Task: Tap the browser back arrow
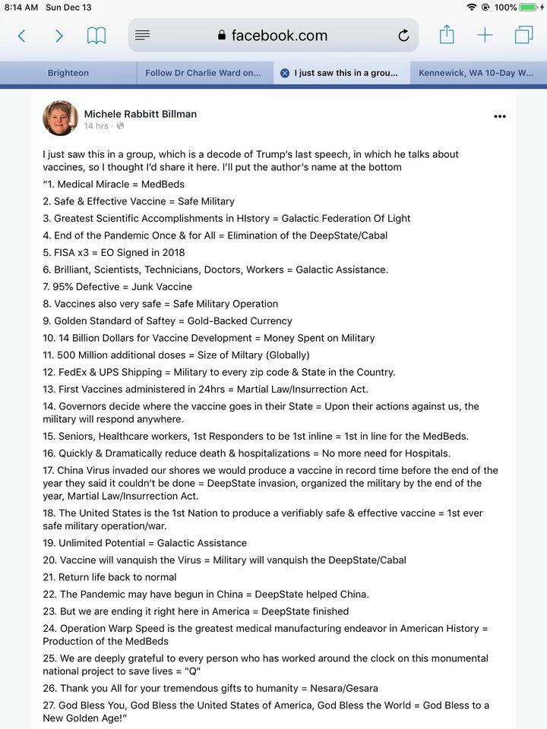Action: pyautogui.click(x=21, y=36)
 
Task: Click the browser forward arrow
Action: pyautogui.click(x=59, y=36)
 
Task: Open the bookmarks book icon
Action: pyautogui.click(x=96, y=36)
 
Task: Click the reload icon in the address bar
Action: pyautogui.click(x=403, y=36)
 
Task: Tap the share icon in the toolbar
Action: pyautogui.click(x=447, y=35)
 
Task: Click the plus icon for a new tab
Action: pyautogui.click(x=485, y=36)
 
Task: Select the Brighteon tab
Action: pyautogui.click(x=68, y=73)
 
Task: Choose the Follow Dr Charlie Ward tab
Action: pyautogui.click(x=203, y=73)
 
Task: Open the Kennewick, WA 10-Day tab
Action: pyautogui.click(x=476, y=73)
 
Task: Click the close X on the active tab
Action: pyautogui.click(x=284, y=73)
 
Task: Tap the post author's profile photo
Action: pyautogui.click(x=60, y=118)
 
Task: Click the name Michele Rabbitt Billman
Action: pyautogui.click(x=141, y=114)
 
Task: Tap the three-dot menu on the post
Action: pyautogui.click(x=499, y=117)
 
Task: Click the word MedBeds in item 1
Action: pyautogui.click(x=163, y=185)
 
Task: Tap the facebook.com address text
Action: pyautogui.click(x=279, y=36)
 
